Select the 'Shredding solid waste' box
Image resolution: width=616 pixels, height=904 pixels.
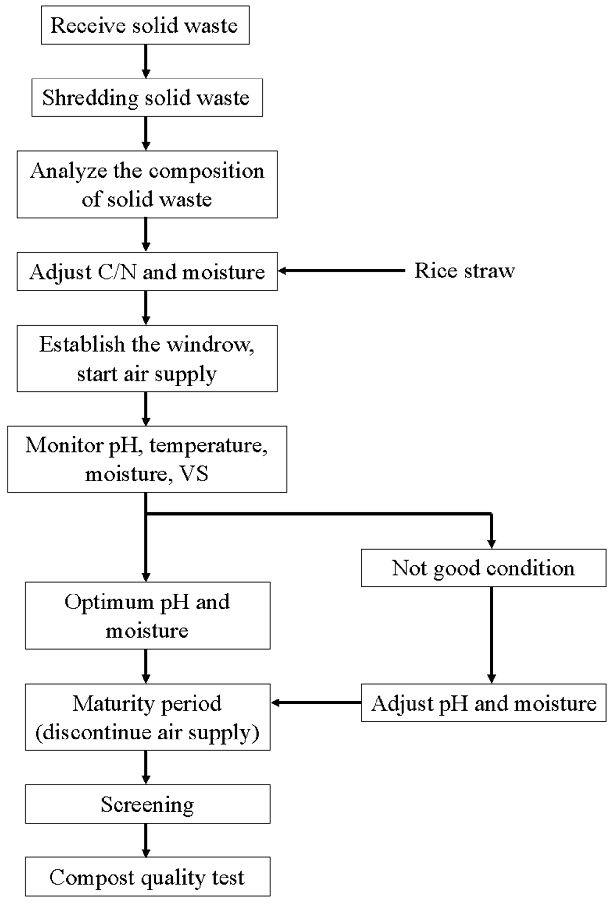(147, 97)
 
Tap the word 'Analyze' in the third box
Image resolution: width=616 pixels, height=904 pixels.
(68, 171)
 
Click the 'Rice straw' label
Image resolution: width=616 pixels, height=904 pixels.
(464, 271)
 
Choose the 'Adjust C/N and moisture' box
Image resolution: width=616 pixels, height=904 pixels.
(147, 271)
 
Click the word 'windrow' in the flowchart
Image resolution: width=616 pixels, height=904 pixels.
(210, 344)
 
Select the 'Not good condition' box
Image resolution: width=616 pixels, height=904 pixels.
(483, 568)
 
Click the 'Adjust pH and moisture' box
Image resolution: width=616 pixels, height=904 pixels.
(483, 703)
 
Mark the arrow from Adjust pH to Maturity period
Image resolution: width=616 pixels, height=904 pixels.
(316, 702)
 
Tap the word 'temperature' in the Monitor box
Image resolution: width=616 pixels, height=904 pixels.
(207, 445)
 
